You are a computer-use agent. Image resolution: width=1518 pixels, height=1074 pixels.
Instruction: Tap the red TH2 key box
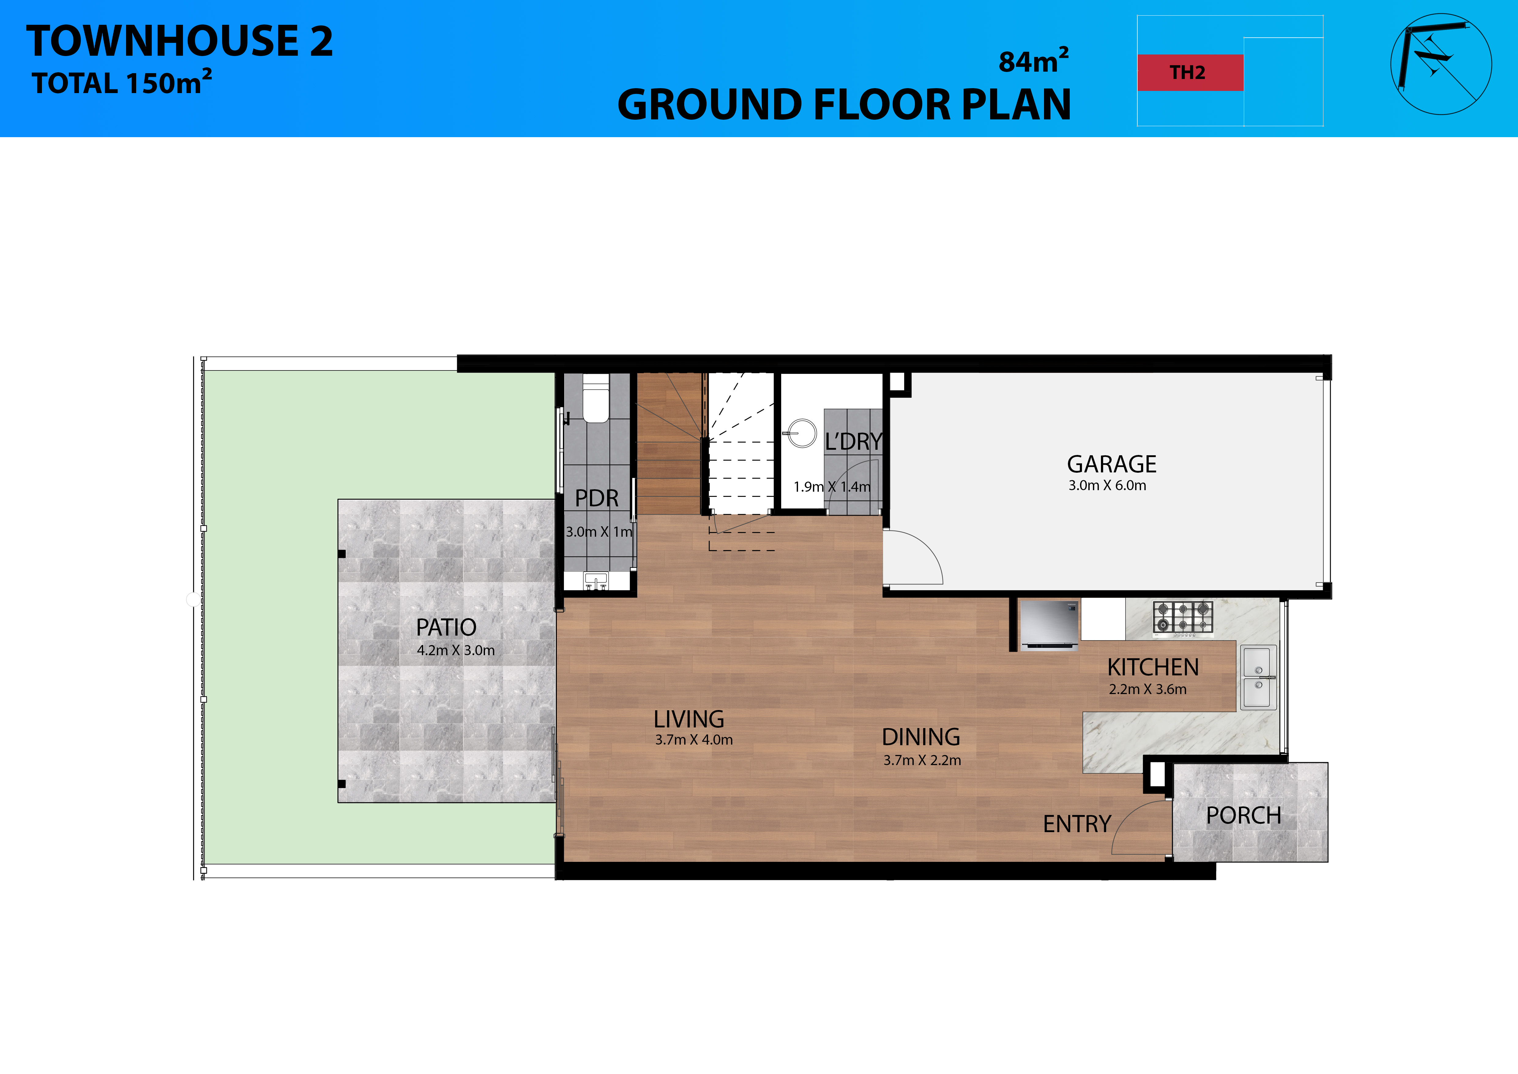point(1190,73)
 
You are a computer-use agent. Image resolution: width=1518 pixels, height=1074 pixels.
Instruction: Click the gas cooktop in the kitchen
point(1184,618)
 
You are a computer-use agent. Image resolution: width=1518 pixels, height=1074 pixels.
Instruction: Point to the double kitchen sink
point(1258,678)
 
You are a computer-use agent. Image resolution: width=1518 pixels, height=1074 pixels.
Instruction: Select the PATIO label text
point(446,627)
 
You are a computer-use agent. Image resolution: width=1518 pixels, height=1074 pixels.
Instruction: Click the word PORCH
point(1244,816)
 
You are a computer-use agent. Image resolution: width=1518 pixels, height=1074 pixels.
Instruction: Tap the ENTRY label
point(1077,824)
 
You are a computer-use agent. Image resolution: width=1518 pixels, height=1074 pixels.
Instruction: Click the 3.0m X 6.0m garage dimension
point(1107,486)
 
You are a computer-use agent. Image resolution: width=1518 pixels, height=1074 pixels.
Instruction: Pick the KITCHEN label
point(1153,667)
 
